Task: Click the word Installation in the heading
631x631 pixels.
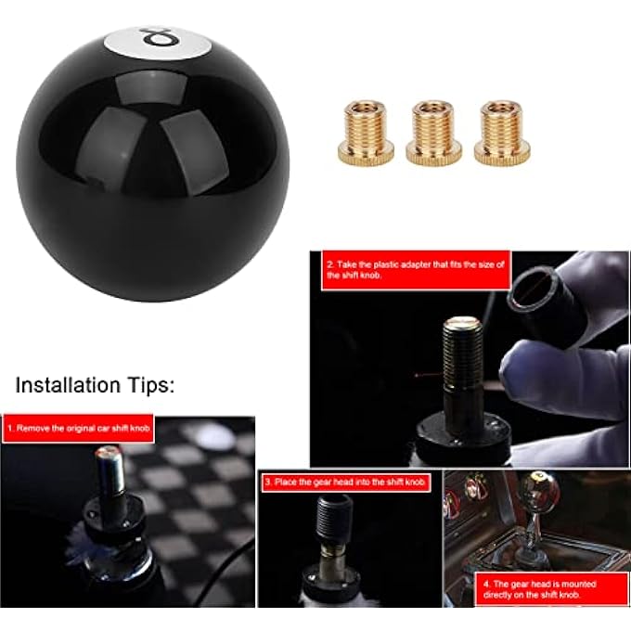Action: click(68, 384)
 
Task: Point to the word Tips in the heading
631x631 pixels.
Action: click(149, 384)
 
